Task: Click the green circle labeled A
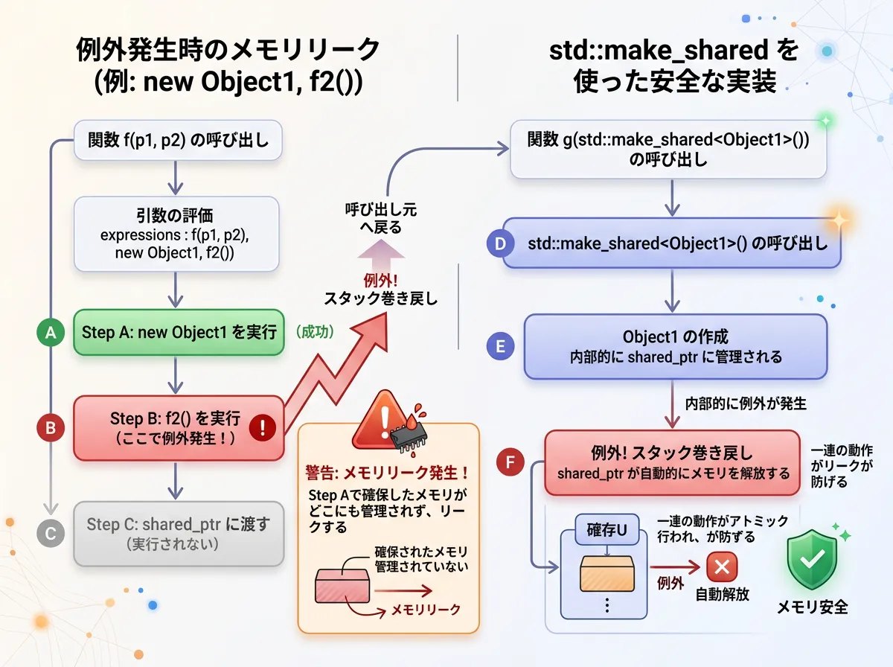pyautogui.click(x=51, y=333)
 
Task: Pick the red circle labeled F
pyautogui.click(x=510, y=462)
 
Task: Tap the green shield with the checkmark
pyautogui.click(x=812, y=559)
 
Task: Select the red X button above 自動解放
pyautogui.click(x=721, y=568)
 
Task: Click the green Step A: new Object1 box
pyautogui.click(x=179, y=332)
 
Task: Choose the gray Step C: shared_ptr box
pyautogui.click(x=179, y=533)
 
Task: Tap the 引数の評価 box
pyautogui.click(x=176, y=234)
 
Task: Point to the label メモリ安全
pyautogui.click(x=812, y=607)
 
